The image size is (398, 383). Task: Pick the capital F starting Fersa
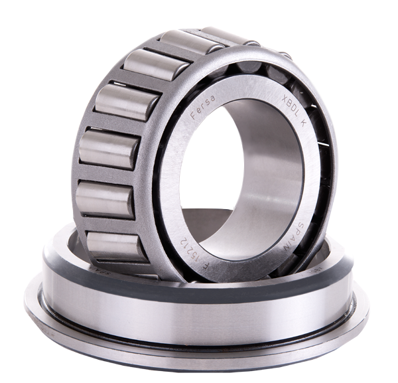tap(193, 118)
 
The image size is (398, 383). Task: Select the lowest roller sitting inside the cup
tap(116, 246)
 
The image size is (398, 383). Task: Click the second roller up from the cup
tap(106, 200)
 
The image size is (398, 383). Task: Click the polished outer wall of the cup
tap(199, 319)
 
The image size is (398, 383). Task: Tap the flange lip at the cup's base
tap(199, 355)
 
